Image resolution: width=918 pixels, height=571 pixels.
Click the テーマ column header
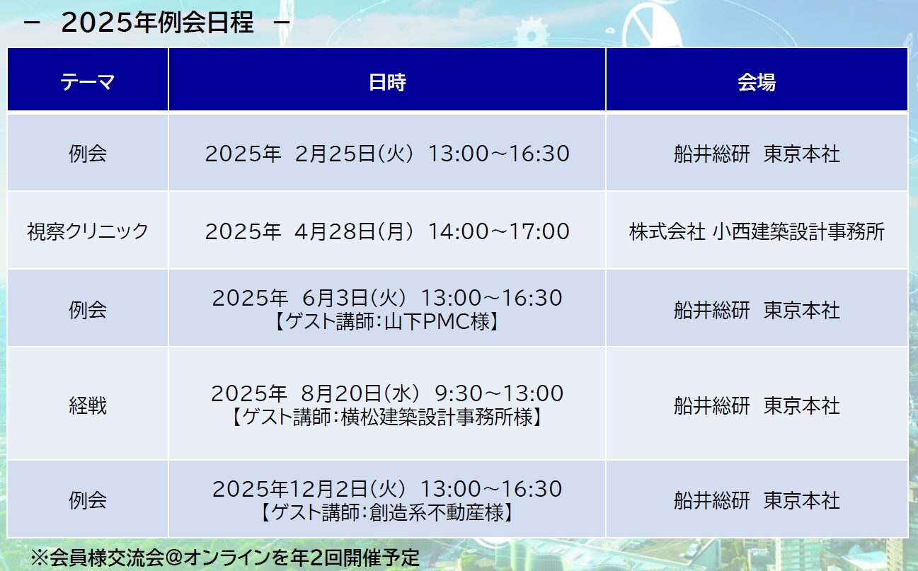[87, 82]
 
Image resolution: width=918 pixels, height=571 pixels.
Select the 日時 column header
[387, 82]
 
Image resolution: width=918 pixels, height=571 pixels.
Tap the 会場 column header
[757, 82]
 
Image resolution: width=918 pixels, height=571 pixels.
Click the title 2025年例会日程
[157, 22]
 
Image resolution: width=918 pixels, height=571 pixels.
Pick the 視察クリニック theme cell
[87, 231]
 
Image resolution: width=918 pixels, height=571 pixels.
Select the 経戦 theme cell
[88, 405]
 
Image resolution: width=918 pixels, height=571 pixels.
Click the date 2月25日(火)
[354, 154]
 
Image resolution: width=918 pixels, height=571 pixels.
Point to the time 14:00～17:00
[499, 231]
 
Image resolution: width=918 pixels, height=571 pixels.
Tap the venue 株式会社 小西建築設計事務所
[757, 231]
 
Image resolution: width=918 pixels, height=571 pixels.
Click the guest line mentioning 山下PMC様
[387, 321]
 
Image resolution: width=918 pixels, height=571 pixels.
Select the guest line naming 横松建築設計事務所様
[387, 417]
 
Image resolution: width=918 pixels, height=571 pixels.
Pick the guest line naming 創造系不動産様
[387, 512]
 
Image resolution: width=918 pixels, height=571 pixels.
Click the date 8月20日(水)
[360, 393]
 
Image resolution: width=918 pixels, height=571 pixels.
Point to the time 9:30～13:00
[499, 393]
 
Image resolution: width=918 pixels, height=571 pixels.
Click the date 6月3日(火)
[354, 298]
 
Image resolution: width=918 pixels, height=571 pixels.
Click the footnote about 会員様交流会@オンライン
[225, 558]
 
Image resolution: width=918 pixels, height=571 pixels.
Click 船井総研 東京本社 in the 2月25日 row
[757, 154]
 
